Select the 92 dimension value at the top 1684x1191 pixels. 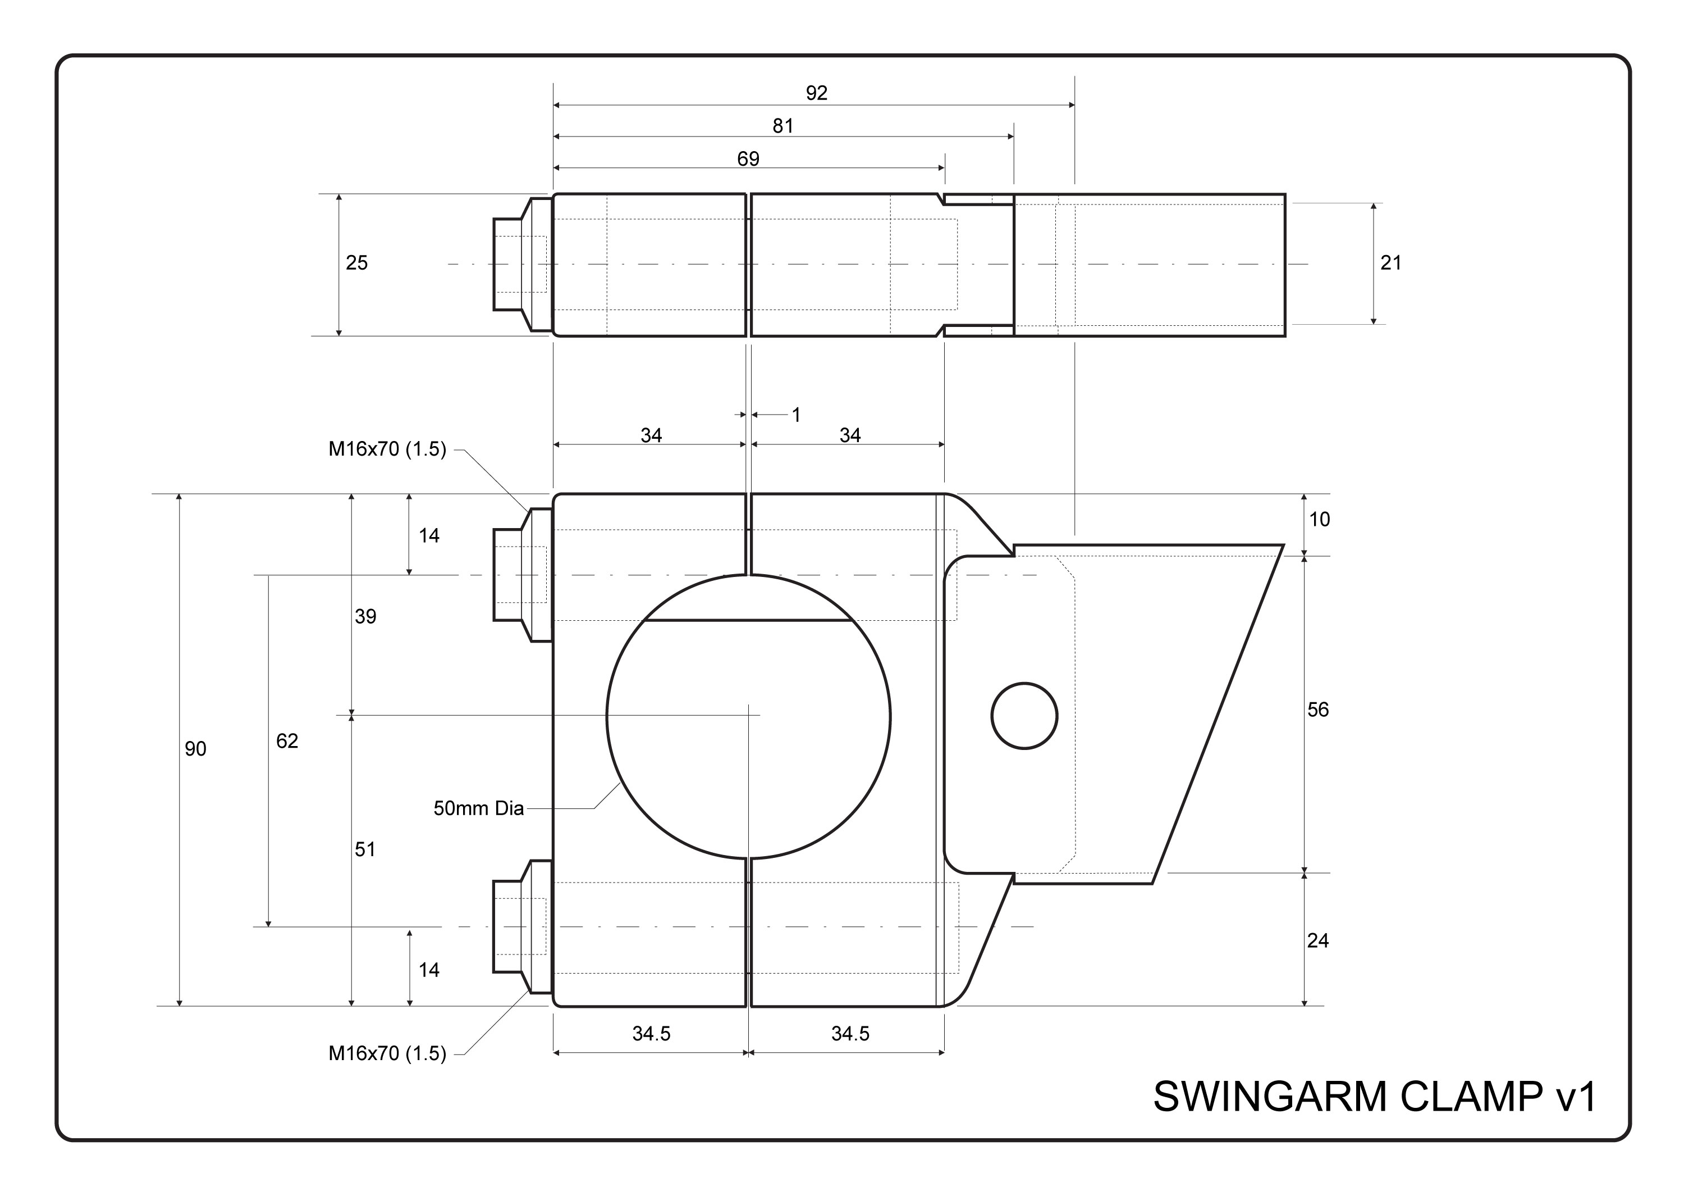coord(816,93)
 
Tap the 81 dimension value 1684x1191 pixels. coord(782,126)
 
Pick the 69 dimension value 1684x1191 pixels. coord(748,159)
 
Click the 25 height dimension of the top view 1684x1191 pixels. coord(356,263)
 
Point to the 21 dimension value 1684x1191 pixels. coord(1390,263)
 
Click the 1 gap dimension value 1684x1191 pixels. coord(796,415)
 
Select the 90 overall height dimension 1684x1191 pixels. coord(195,748)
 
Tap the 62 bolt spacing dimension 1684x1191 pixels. coord(287,741)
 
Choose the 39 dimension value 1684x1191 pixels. coord(365,616)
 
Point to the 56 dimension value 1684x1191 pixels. coord(1318,710)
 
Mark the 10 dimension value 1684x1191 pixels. coord(1320,520)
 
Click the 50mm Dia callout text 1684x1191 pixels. coord(478,808)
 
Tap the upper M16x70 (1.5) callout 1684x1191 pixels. coord(387,449)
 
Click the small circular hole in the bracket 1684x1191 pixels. coord(1024,716)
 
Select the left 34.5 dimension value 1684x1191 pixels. coord(651,1033)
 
